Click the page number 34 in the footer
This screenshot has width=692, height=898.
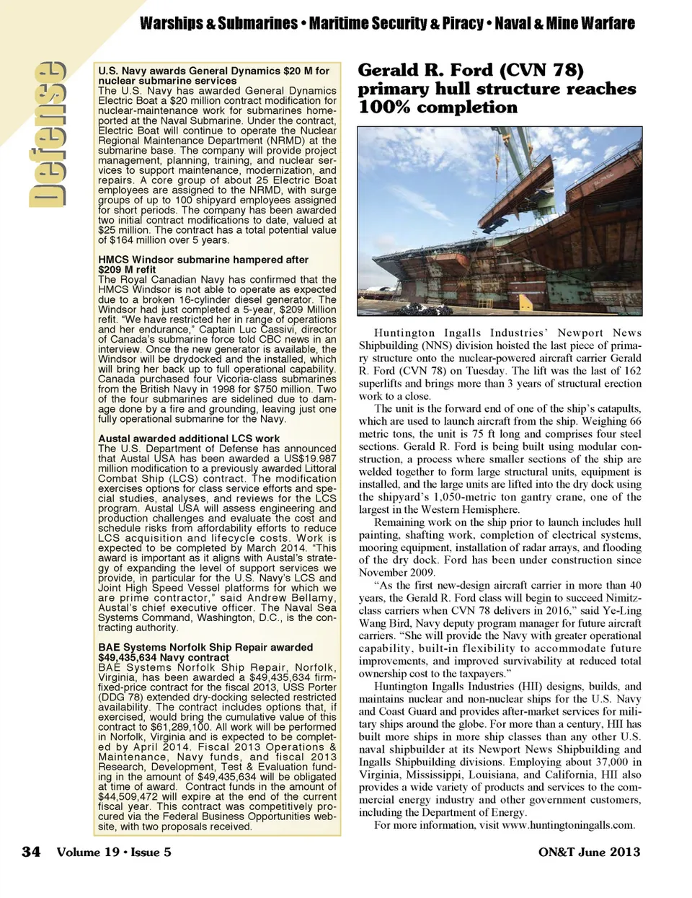coord(30,852)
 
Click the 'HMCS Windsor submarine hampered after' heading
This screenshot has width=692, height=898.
coord(203,260)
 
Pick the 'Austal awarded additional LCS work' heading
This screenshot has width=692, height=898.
coord(189,439)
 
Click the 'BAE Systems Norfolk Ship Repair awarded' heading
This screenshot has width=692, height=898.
coord(205,648)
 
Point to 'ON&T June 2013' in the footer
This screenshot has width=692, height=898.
coord(589,852)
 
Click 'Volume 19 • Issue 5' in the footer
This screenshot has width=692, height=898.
coord(115,852)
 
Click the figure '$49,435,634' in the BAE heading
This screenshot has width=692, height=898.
coord(127,658)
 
